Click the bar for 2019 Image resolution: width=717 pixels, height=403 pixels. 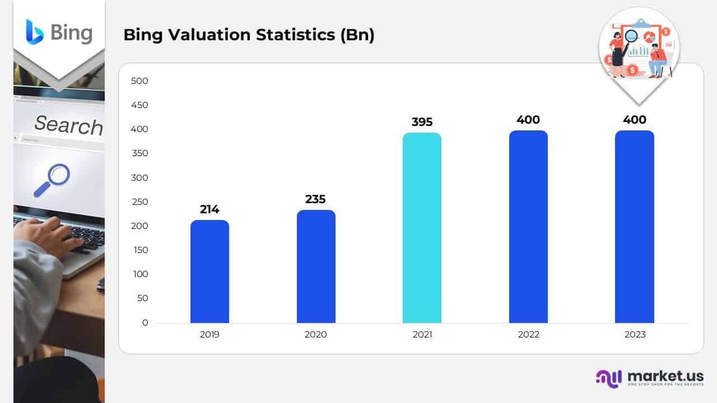pyautogui.click(x=209, y=271)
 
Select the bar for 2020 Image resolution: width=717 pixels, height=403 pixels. pyautogui.click(x=316, y=266)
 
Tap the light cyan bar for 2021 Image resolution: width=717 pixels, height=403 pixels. pyautogui.click(x=422, y=228)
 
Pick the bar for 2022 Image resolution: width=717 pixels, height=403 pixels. pyautogui.click(x=528, y=227)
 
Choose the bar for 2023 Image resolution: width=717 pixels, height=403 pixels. pyautogui.click(x=634, y=227)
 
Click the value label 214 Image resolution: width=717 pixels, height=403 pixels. pyautogui.click(x=209, y=209)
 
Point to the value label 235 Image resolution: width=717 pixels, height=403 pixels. pyautogui.click(x=315, y=199)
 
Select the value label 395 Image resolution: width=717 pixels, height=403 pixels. pyautogui.click(x=422, y=122)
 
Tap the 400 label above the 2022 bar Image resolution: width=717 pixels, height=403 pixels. pyautogui.click(x=528, y=120)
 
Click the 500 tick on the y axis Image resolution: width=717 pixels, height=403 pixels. pyautogui.click(x=139, y=81)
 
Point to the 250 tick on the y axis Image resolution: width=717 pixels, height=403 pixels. pyautogui.click(x=139, y=202)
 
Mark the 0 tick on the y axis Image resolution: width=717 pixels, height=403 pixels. pyautogui.click(x=145, y=323)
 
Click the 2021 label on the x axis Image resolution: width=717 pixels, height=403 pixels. pyautogui.click(x=422, y=335)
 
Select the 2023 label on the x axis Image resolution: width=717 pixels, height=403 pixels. pyautogui.click(x=634, y=335)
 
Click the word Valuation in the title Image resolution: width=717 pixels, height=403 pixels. pyautogui.click(x=211, y=35)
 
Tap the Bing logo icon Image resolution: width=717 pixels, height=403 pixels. pyautogui.click(x=35, y=31)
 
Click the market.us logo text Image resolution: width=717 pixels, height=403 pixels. pyautogui.click(x=665, y=376)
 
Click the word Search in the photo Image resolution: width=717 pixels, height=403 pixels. pyautogui.click(x=68, y=125)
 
